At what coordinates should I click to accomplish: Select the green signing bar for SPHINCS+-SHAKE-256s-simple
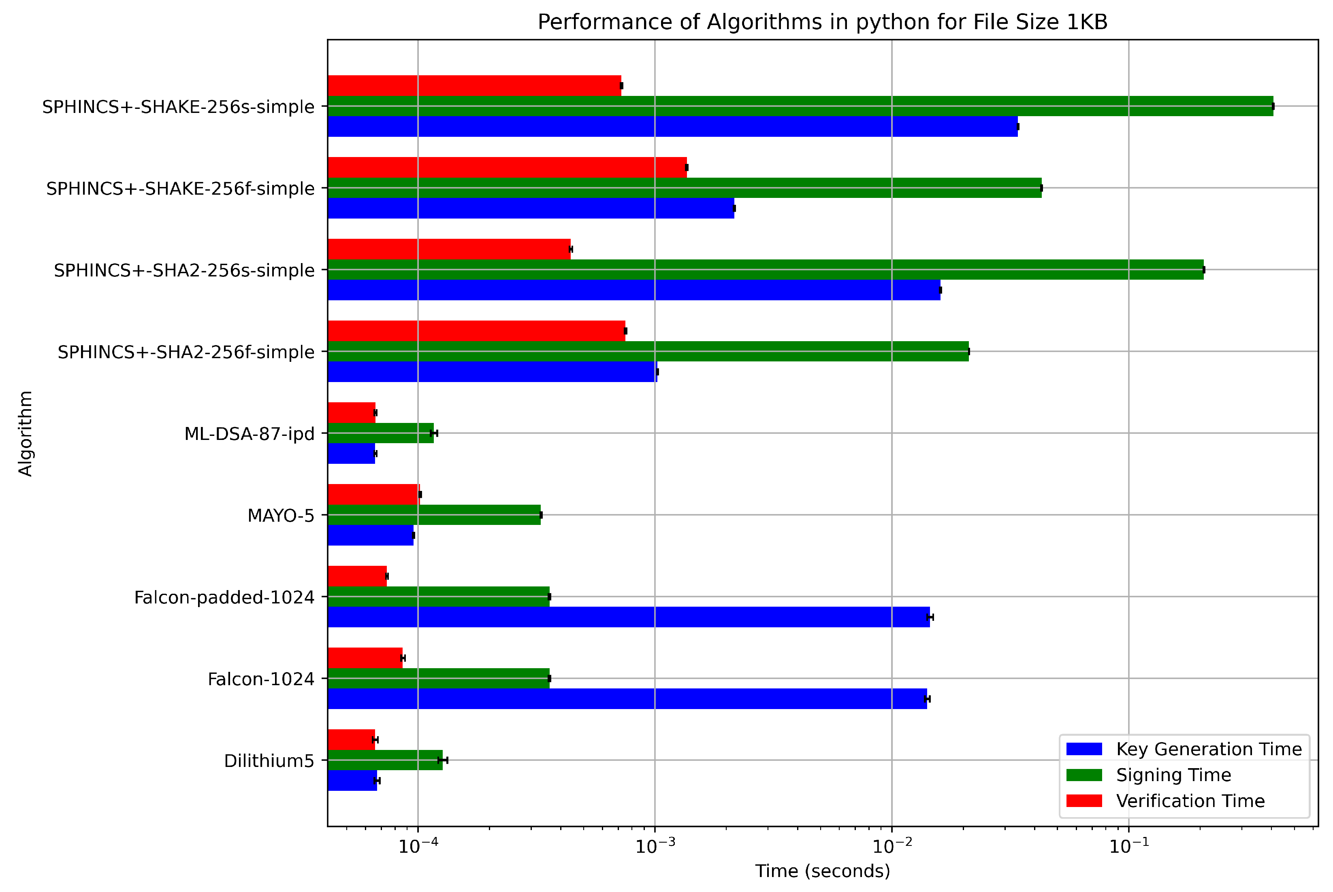point(797,106)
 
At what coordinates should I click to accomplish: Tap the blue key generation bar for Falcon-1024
point(626,699)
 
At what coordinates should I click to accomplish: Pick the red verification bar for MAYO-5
point(373,494)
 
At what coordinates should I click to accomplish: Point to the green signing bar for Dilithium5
point(385,760)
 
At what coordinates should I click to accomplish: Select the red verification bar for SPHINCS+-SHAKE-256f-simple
point(507,167)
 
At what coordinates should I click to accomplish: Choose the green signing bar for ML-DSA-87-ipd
point(380,433)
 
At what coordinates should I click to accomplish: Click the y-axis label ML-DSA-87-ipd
point(249,434)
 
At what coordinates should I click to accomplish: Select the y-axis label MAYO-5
point(281,516)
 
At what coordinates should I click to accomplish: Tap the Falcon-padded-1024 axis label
point(224,597)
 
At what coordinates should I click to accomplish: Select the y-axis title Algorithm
point(26,433)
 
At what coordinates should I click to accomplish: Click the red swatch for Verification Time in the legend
point(1084,801)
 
